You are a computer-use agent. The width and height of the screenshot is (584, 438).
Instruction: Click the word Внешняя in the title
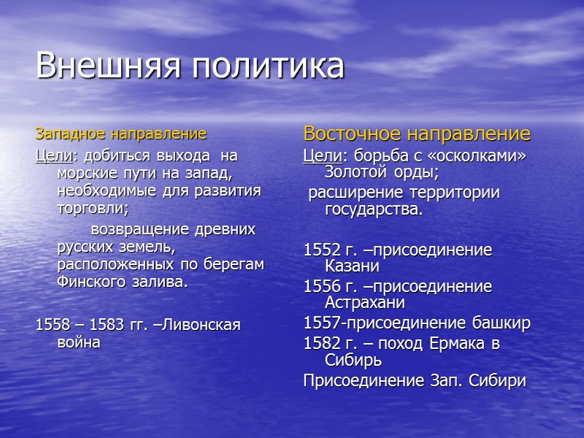107,66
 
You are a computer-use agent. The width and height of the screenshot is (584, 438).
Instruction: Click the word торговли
91,208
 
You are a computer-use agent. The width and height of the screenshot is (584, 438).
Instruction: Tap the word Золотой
354,173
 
